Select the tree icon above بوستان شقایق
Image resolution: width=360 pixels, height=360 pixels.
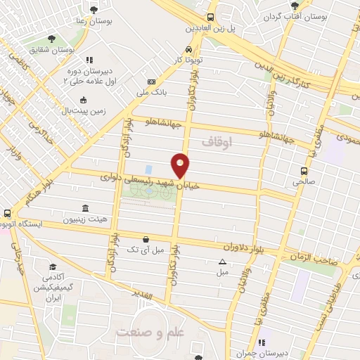pyautogui.click(x=51, y=39)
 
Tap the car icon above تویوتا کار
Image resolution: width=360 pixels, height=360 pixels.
pyautogui.click(x=188, y=49)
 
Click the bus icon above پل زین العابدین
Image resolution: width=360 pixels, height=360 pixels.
pyautogui.click(x=211, y=18)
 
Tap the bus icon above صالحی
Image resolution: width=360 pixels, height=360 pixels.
pyautogui.click(x=304, y=170)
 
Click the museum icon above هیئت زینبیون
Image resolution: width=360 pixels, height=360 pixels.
pyautogui.click(x=85, y=208)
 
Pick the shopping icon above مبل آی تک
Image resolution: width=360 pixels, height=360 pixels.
pyautogui.click(x=145, y=239)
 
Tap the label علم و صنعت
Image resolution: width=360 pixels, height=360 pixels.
pyautogui.click(x=149, y=332)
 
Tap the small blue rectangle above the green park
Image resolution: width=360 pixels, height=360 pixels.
pyautogui.click(x=148, y=169)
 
